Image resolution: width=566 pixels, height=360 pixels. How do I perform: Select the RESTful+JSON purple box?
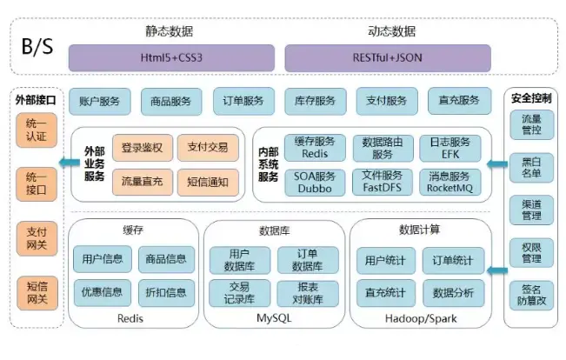coord(387,57)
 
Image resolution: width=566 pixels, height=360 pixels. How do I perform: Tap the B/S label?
coord(37,45)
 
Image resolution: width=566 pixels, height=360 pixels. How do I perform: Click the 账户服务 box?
coord(99,101)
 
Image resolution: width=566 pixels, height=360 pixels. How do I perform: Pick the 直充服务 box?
coord(458,101)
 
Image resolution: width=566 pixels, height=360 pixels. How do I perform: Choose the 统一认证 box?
coord(37,130)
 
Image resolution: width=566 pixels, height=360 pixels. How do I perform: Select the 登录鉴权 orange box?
coord(143,148)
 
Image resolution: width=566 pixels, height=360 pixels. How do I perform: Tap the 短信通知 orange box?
coord(207,183)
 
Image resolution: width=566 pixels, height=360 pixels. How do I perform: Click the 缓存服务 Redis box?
coord(314,148)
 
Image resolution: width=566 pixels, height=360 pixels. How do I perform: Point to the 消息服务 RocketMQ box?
coord(449,183)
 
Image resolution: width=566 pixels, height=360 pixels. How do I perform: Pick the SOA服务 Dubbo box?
coord(314,183)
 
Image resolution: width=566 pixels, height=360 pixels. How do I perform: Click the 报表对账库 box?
coord(307,292)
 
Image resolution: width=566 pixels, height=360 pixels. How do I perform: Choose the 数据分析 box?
coord(453,292)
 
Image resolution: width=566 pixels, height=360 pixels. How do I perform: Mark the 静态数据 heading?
coord(170,30)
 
